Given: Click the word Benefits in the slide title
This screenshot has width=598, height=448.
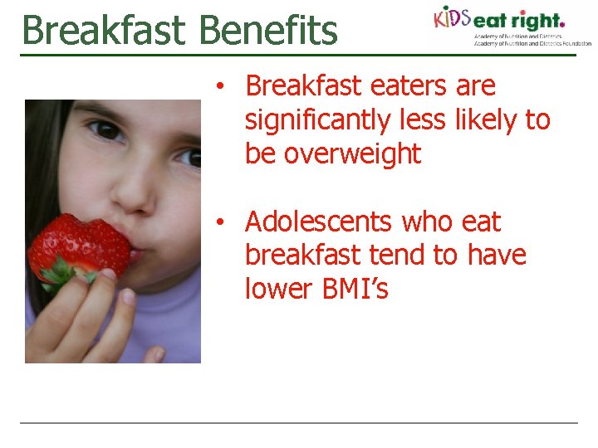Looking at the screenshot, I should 269,30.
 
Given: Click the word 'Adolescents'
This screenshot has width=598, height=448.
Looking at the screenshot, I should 319,222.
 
